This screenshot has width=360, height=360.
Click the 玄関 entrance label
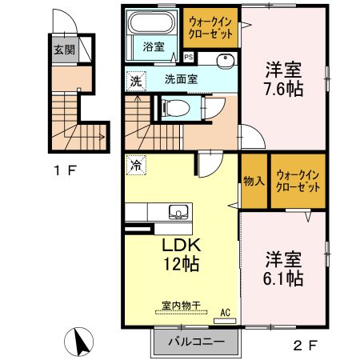(64, 50)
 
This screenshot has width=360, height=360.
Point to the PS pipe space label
(189, 58)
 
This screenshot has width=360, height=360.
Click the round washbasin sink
(224, 59)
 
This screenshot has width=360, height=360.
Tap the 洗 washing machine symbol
(136, 80)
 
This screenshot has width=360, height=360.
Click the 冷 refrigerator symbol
(135, 166)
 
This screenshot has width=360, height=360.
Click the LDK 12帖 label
(181, 254)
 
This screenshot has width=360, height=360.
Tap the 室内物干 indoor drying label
(182, 306)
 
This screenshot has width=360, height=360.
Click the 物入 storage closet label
(254, 180)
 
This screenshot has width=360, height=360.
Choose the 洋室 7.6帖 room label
(284, 78)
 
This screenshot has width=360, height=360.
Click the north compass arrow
(78, 342)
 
